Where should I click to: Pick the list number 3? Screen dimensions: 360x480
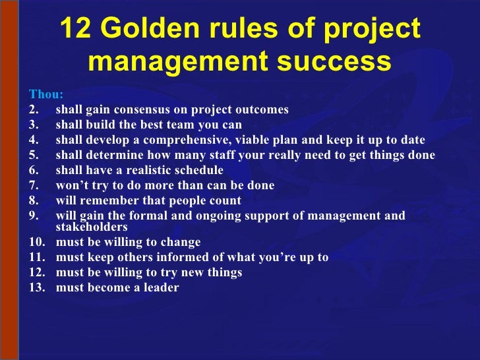(x=34, y=125)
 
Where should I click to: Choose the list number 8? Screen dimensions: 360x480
(x=34, y=201)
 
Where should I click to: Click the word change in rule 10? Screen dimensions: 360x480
(x=182, y=242)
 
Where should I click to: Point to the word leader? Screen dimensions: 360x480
(x=160, y=287)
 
